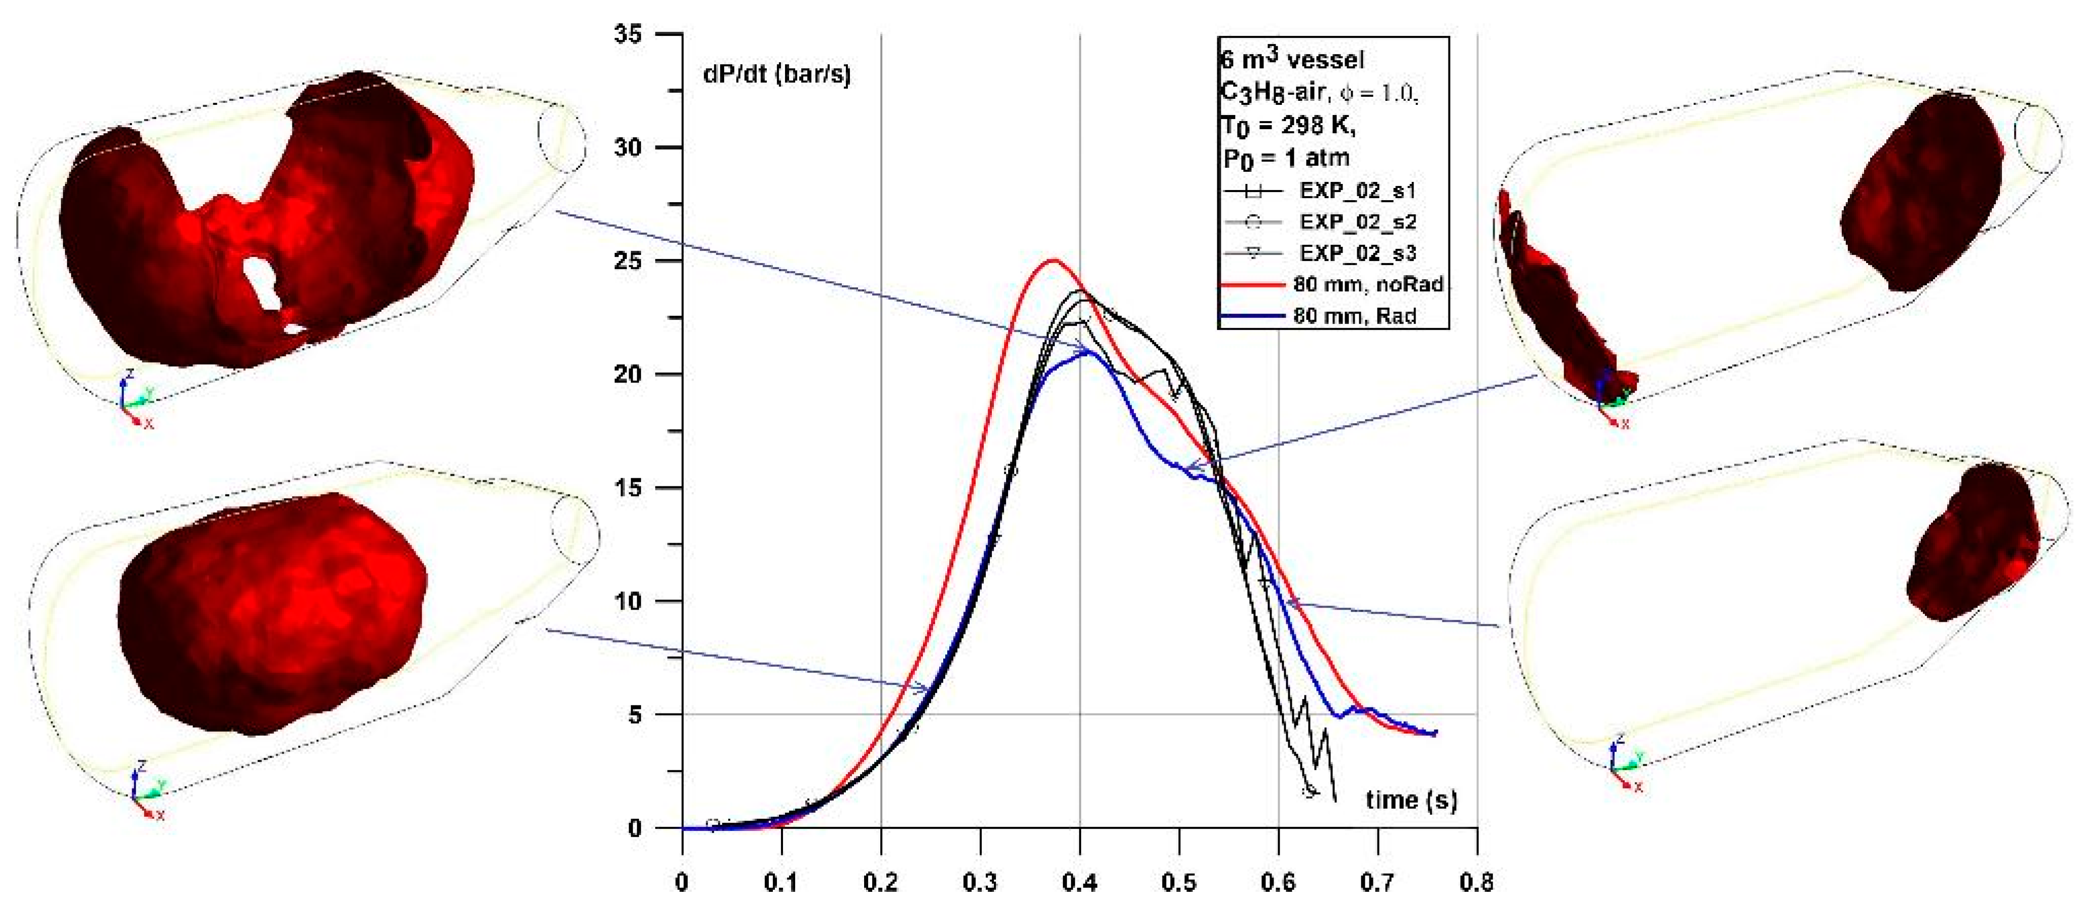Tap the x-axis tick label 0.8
(x=1476, y=882)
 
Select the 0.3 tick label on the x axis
(x=980, y=882)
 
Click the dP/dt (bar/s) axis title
(x=776, y=74)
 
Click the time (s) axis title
(x=1411, y=800)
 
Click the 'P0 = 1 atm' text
(x=1286, y=157)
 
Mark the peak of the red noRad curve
(x=1053, y=260)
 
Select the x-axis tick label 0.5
(x=1179, y=882)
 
